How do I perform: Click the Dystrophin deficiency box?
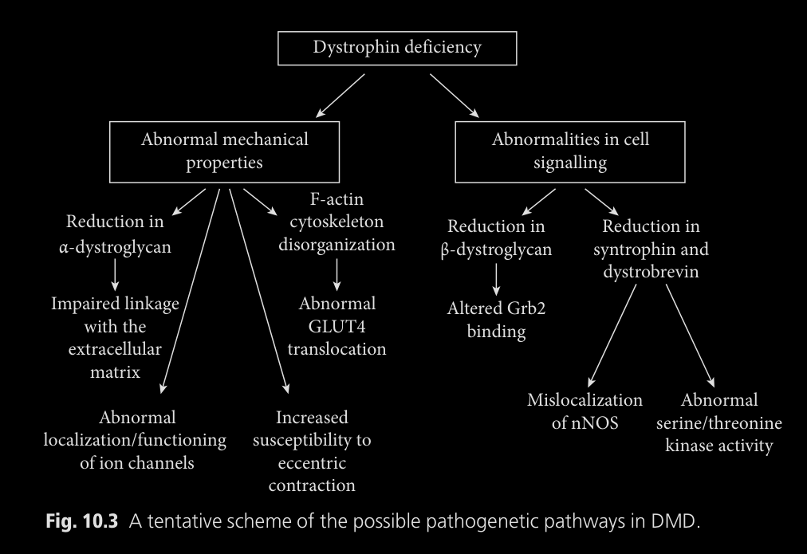(x=396, y=48)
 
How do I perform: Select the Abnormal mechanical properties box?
(x=224, y=151)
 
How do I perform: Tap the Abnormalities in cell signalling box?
(x=570, y=151)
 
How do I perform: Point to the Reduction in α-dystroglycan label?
(x=115, y=234)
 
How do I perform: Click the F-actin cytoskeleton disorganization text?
(x=337, y=222)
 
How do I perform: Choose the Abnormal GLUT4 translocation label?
(x=337, y=326)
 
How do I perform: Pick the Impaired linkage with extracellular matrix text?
(x=115, y=337)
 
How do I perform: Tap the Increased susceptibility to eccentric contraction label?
(x=312, y=450)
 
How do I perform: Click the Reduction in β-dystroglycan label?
(x=496, y=238)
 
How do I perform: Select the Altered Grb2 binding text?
(x=496, y=320)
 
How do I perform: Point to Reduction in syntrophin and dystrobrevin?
(x=651, y=249)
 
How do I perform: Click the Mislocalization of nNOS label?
(x=585, y=411)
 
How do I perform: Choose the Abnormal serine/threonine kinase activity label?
(x=718, y=422)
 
